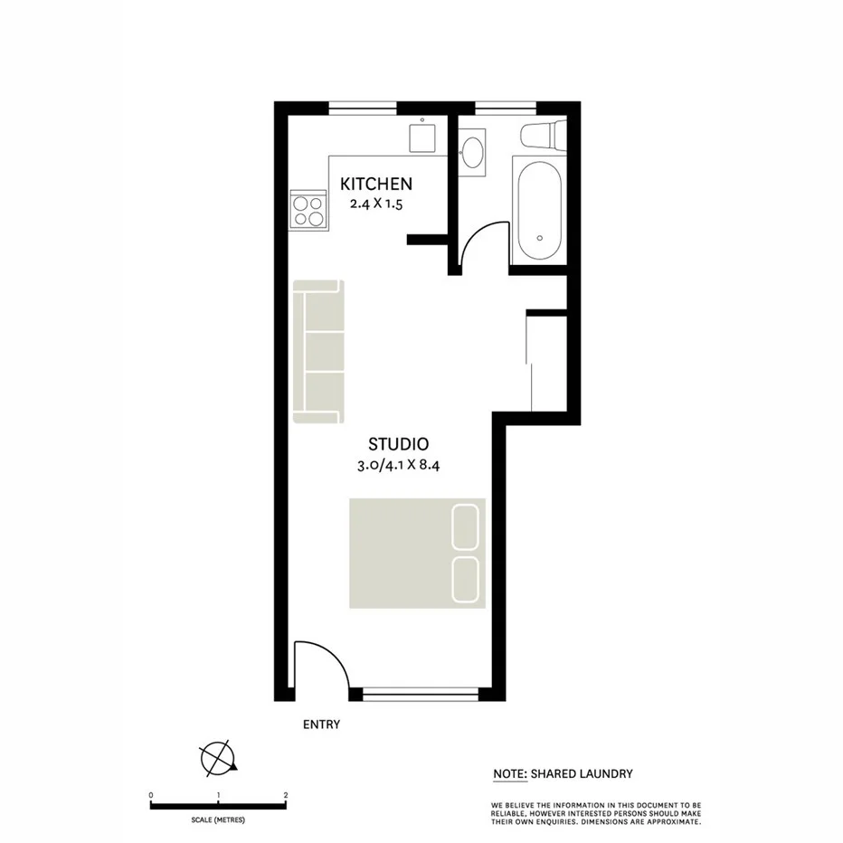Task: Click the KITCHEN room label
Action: tap(376, 185)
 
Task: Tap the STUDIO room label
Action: tap(398, 444)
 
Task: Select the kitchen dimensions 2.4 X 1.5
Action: tap(376, 204)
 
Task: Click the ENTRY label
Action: tap(321, 725)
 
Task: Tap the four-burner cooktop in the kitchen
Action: tap(308, 211)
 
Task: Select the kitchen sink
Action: tap(423, 137)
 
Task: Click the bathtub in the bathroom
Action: tap(540, 210)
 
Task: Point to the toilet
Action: tap(543, 136)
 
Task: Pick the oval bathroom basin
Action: tap(471, 150)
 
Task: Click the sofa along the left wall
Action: tap(318, 351)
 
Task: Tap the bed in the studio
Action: tap(417, 553)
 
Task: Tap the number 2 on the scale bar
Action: tap(286, 796)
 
